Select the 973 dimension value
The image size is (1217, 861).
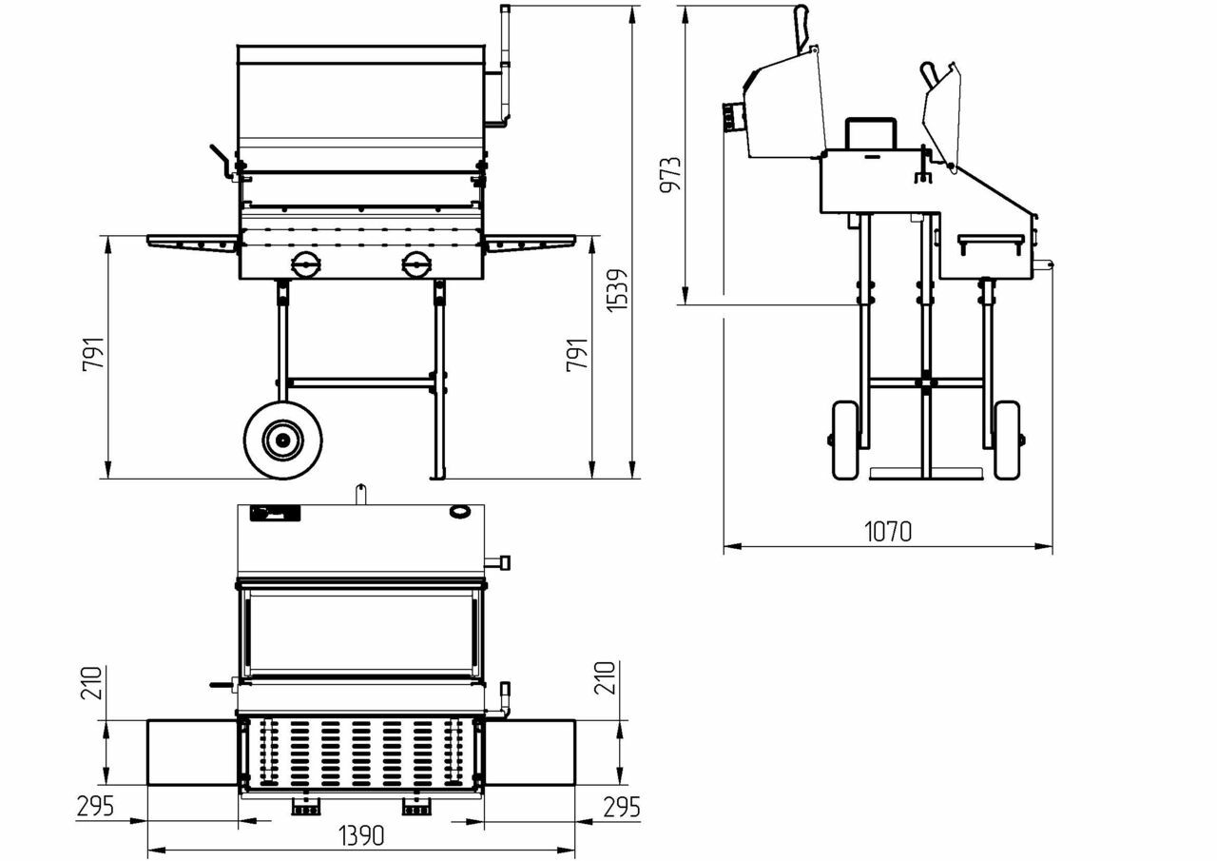coord(670,174)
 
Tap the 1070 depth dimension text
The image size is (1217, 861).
coord(888,531)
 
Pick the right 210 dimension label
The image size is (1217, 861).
coord(607,677)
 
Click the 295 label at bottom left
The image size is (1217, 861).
coord(95,807)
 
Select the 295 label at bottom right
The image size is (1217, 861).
coord(621,807)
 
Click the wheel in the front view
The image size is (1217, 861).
coord(282,440)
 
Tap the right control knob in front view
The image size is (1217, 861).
coord(415,264)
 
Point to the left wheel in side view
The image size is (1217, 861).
coord(844,440)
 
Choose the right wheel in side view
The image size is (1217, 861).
coord(1006,440)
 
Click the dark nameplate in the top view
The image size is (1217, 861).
coord(275,514)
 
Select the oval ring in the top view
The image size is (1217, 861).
coord(458,513)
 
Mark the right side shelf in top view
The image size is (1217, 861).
coord(530,753)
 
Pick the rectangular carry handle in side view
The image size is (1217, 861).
coord(871,133)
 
